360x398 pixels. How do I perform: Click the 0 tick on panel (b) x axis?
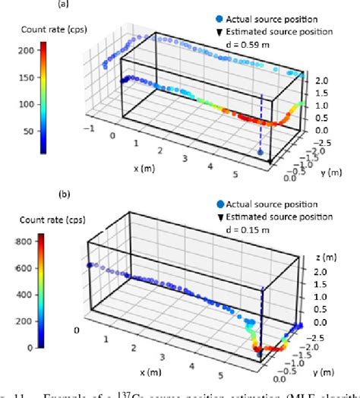pos(76,330)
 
